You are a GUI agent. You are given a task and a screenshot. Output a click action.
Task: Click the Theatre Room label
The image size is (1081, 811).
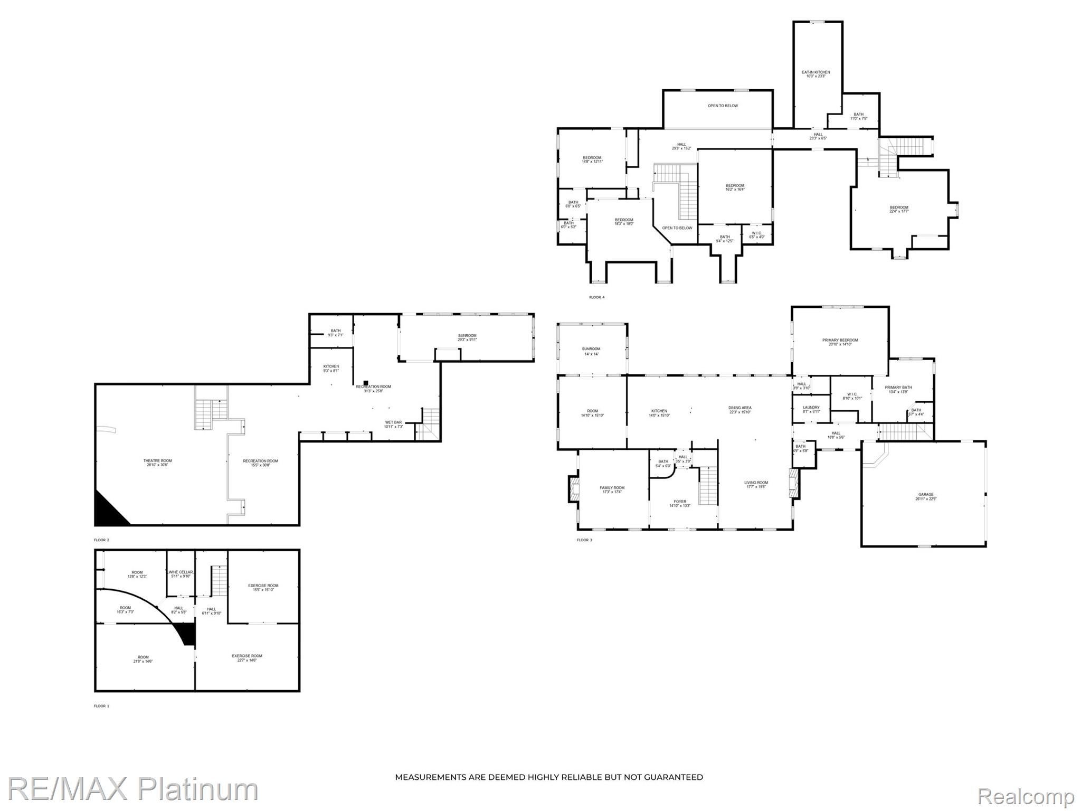[x=157, y=463]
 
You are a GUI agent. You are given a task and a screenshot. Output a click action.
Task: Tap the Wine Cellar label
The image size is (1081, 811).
[x=181, y=574]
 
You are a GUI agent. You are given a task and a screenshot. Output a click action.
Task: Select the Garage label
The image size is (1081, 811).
[x=926, y=497]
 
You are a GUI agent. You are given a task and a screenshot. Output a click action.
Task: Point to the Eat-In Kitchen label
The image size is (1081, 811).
[x=816, y=74]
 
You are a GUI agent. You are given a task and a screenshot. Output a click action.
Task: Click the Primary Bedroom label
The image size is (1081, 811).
[x=840, y=342]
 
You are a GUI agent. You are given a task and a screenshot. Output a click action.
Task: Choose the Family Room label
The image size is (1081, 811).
[x=612, y=489]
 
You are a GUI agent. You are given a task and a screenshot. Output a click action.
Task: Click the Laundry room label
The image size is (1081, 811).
[x=811, y=409]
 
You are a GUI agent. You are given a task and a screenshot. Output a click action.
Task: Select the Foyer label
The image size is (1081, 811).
[x=680, y=503]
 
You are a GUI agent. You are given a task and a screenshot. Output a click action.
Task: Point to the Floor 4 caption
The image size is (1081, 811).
[x=596, y=297]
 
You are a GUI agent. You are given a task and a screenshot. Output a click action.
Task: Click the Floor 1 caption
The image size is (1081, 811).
[x=101, y=706]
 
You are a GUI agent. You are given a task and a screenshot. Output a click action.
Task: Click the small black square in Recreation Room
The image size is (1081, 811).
[x=365, y=383]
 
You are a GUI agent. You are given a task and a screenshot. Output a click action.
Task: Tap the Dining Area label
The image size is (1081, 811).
[x=739, y=410]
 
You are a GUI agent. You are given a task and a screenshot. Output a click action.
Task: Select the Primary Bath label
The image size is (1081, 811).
[x=898, y=389]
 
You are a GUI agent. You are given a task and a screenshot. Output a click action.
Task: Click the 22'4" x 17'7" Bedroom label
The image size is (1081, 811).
[x=899, y=209]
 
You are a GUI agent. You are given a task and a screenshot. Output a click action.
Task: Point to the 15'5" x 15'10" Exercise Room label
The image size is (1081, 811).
[x=263, y=587]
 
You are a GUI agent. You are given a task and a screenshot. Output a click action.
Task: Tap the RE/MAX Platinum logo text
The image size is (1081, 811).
[x=132, y=789]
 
